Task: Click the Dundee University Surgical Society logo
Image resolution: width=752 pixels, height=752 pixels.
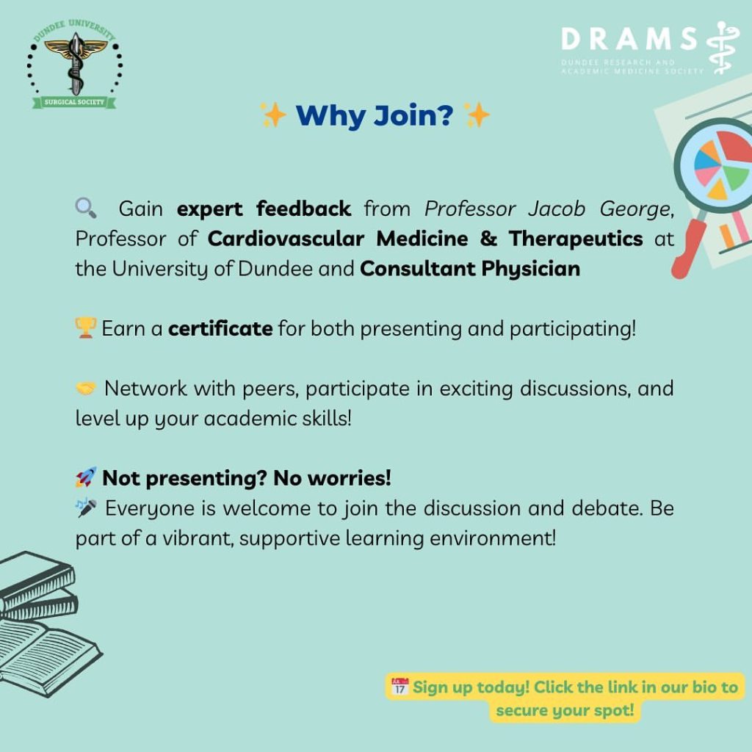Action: [74, 65]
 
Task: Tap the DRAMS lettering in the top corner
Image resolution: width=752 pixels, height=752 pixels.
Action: [629, 39]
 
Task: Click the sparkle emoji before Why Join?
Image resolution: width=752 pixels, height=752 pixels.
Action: [273, 115]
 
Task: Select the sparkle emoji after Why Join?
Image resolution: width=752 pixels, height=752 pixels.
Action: [477, 115]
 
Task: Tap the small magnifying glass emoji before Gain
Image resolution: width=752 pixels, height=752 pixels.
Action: [86, 208]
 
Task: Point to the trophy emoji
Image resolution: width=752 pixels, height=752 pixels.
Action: [86, 328]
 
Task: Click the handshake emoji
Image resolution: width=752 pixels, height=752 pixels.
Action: [86, 388]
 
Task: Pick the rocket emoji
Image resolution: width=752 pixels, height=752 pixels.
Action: [86, 477]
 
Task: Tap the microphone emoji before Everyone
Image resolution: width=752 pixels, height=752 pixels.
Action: [86, 507]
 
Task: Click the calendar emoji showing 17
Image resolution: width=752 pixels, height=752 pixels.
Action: [399, 687]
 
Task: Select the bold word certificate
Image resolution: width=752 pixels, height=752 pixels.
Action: [220, 328]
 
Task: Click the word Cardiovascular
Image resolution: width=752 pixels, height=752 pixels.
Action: [286, 239]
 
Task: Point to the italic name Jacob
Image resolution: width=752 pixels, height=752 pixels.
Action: [557, 209]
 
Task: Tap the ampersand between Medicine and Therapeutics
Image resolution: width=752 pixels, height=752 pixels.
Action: [488, 239]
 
